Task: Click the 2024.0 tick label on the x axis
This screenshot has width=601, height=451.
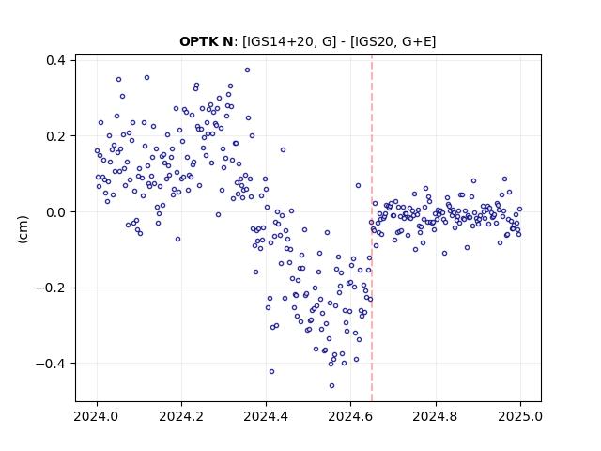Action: pos(97,416)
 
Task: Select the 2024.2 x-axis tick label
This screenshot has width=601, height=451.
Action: pos(181,416)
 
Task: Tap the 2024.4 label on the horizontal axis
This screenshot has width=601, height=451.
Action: pos(266,416)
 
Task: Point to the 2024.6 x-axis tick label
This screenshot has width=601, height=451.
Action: pos(350,416)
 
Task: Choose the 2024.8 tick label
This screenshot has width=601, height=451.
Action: pos(436,416)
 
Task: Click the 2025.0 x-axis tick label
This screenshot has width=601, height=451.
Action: pos(520,416)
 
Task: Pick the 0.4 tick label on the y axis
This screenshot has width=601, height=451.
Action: pos(56,60)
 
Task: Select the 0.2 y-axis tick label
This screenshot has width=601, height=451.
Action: pos(56,136)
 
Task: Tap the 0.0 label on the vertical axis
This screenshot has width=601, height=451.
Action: pos(56,212)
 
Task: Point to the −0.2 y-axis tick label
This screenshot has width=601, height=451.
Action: pos(51,288)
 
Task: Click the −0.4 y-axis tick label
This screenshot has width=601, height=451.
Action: pos(51,364)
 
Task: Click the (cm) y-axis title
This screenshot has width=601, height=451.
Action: pos(23,229)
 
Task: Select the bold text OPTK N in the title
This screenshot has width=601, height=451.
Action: pos(207,41)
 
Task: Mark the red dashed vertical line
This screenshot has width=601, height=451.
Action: pos(372,228)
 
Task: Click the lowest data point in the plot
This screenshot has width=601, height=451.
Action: pos(331,385)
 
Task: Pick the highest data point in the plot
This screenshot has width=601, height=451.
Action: pos(248,70)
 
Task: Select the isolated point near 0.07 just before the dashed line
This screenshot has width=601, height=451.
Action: pos(358,186)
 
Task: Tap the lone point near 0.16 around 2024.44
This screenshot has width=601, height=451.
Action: pos(283,150)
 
